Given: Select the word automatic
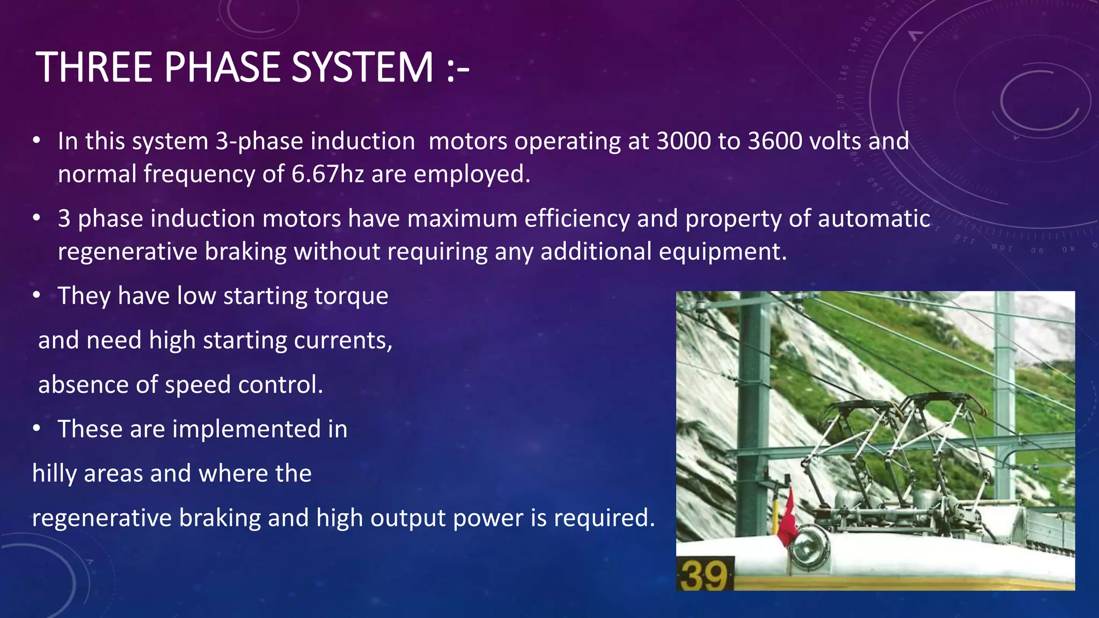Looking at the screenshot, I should click(x=874, y=219).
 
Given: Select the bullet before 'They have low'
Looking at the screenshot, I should click(x=36, y=296).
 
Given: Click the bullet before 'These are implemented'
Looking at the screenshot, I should click(x=36, y=429).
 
